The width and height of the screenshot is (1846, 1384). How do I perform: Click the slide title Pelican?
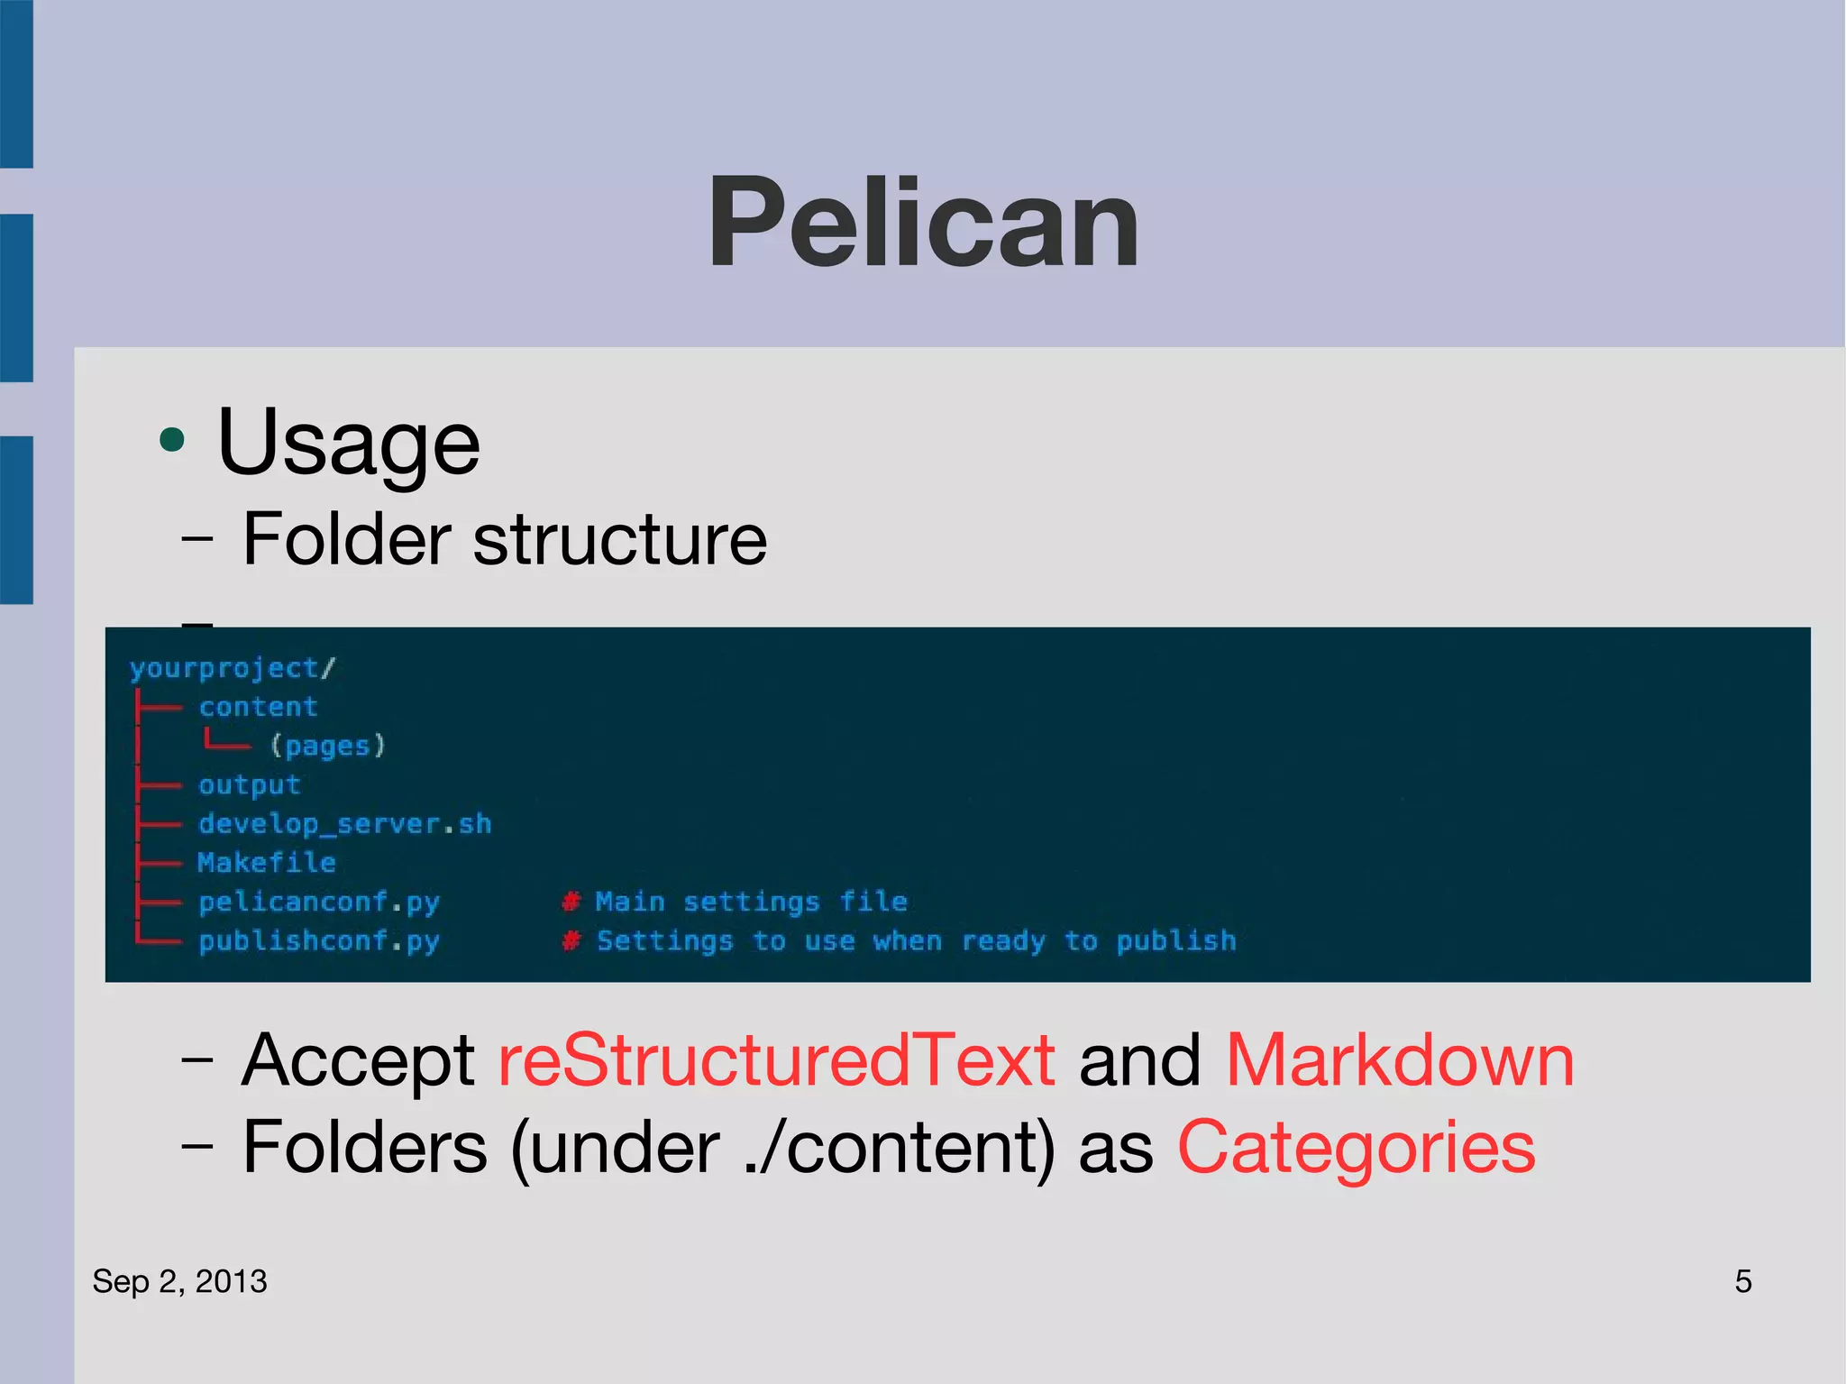point(923,223)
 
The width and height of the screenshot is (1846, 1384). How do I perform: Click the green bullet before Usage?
point(171,441)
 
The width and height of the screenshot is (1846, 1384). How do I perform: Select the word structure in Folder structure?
point(619,539)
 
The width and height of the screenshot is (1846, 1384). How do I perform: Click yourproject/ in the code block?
point(232,668)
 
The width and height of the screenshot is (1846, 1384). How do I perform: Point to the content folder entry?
point(258,707)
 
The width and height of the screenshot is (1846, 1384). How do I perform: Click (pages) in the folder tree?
point(328,746)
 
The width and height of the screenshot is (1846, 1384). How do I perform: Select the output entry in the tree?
point(249,785)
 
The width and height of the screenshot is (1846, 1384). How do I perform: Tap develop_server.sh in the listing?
point(344,824)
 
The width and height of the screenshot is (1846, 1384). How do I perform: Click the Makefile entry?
point(267,863)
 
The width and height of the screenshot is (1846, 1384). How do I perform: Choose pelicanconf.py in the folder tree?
point(318,902)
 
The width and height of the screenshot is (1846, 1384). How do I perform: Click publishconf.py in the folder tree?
point(318,941)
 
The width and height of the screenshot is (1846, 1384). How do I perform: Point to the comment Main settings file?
point(750,902)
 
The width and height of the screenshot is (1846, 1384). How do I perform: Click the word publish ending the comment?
point(1175,941)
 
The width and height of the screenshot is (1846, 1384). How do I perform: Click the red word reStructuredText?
point(776,1060)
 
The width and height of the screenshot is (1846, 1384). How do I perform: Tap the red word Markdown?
point(1399,1060)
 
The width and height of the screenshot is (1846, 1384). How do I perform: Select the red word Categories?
point(1356,1148)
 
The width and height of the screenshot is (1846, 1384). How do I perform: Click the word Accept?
point(358,1060)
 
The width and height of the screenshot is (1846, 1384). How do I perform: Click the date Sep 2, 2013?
point(179,1281)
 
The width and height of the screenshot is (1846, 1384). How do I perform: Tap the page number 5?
point(1742,1281)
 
